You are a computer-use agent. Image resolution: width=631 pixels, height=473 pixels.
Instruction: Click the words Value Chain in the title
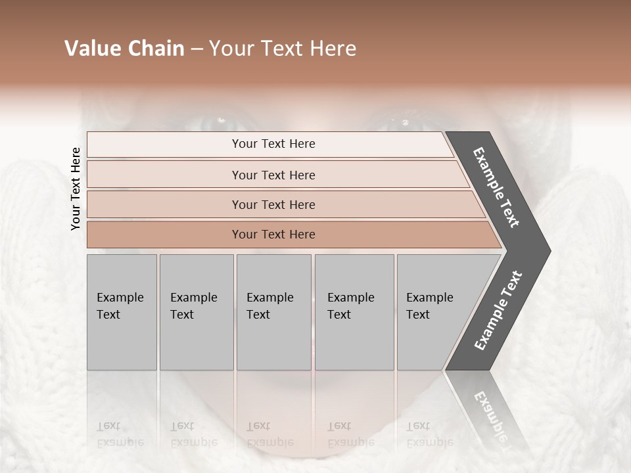pos(124,49)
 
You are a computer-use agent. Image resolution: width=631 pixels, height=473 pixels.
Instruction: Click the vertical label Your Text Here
pos(76,189)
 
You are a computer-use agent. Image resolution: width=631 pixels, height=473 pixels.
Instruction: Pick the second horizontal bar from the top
pos(273,175)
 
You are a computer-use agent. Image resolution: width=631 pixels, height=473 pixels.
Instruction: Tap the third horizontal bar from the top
pos(273,204)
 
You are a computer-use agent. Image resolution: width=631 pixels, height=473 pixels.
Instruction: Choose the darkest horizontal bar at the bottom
pos(273,235)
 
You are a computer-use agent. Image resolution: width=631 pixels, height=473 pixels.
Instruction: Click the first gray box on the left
pos(122,311)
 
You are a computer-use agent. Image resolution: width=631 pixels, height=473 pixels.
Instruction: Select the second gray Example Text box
pos(196,311)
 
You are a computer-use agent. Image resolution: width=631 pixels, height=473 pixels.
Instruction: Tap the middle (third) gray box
pos(273,311)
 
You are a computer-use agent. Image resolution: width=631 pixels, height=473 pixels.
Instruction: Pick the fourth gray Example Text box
pos(354,311)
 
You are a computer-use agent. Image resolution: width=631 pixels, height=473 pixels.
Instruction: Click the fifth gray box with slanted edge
pos(434,311)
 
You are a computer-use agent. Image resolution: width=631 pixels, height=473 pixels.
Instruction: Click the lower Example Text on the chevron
pos(498,311)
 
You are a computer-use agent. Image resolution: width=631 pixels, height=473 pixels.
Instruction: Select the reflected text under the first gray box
pos(120,434)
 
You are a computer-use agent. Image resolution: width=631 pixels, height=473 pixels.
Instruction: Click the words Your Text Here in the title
pos(283,49)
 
